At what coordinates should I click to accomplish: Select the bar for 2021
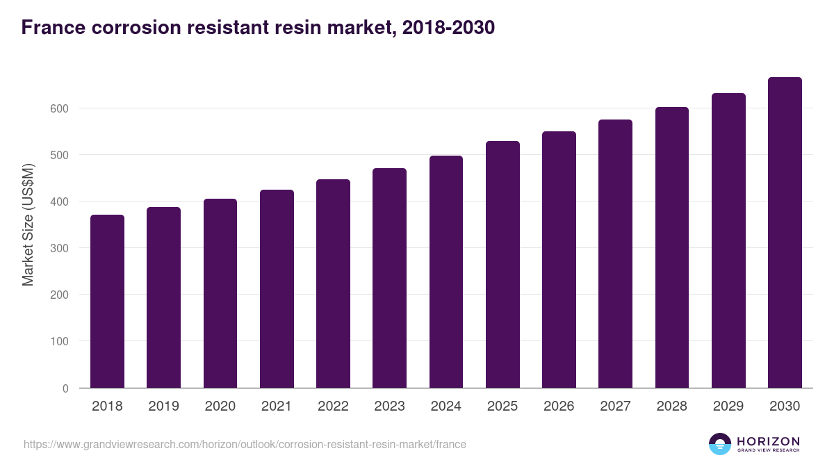tap(277, 288)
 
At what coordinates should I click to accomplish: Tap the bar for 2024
tap(446, 272)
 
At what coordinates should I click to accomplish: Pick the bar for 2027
tap(615, 254)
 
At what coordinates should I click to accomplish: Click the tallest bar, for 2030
tap(785, 232)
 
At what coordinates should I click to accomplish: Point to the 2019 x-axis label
tap(163, 406)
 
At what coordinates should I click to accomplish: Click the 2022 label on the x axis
tap(333, 406)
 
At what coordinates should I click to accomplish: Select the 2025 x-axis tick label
tap(502, 406)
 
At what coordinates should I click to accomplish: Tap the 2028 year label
tap(671, 406)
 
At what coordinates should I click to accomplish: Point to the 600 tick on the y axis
tap(58, 108)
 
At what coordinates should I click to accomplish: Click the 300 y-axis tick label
tap(58, 248)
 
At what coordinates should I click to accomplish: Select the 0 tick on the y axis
tap(65, 388)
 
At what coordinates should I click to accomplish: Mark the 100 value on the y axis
tap(58, 341)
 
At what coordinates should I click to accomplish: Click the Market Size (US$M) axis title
tap(28, 225)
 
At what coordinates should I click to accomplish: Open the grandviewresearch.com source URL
tap(245, 444)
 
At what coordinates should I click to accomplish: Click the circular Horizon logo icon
tap(720, 444)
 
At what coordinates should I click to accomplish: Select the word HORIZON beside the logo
tap(768, 441)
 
